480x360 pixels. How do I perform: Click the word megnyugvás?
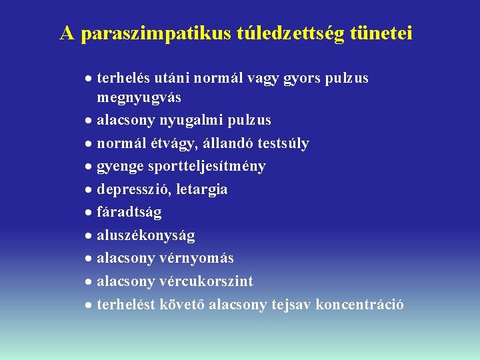[x=139, y=99]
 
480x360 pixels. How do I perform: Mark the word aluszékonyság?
[x=146, y=235]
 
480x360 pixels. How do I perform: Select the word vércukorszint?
[x=207, y=281]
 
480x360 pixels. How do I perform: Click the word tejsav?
[x=293, y=305]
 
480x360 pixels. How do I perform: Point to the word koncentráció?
[x=359, y=305]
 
